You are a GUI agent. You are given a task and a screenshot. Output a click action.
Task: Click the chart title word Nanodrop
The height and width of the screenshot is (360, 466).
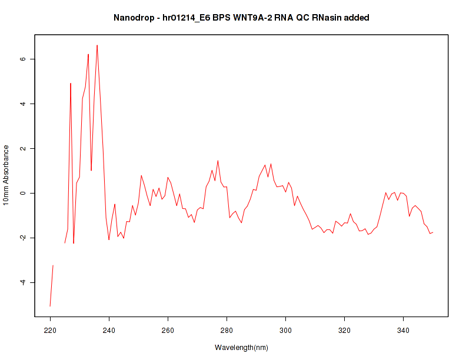tap(133, 18)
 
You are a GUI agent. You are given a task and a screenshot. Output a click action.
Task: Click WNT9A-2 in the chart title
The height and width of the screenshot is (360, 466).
tap(254, 18)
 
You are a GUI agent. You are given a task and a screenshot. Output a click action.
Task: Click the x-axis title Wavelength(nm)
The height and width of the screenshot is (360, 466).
tap(241, 347)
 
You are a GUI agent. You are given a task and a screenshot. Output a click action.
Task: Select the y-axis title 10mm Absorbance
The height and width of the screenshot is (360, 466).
tap(6, 175)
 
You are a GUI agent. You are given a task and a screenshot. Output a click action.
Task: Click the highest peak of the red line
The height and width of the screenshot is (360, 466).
tap(97, 45)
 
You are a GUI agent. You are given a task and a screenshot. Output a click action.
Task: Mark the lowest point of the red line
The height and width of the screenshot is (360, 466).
tap(50, 306)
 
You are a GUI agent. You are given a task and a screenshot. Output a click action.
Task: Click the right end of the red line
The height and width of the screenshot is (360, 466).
tap(432, 232)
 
